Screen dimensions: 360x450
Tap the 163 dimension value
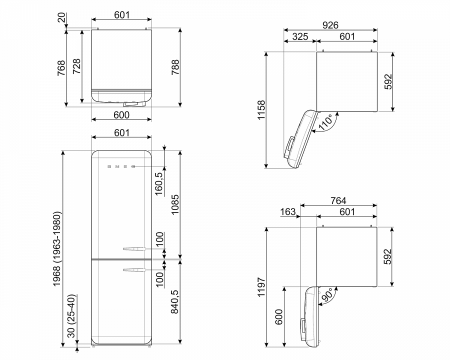tap(288, 212)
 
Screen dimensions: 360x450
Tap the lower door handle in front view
tap(135, 268)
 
